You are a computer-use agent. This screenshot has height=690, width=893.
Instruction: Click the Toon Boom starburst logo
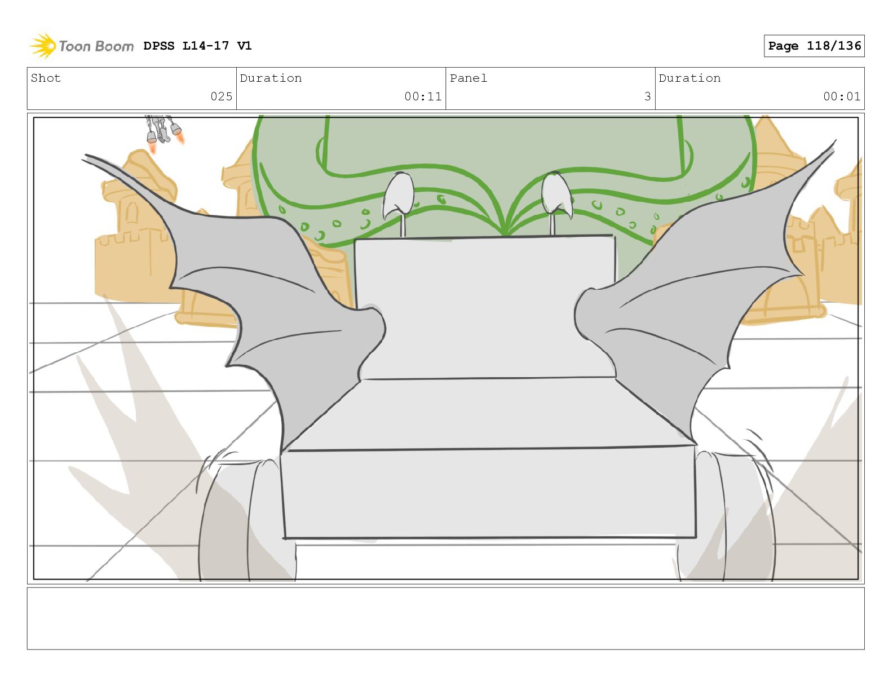[x=43, y=46]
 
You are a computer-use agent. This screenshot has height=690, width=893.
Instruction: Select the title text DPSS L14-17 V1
[x=197, y=46]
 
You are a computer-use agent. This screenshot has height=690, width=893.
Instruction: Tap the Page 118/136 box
[x=814, y=46]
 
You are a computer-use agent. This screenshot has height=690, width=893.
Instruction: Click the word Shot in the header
[x=46, y=78]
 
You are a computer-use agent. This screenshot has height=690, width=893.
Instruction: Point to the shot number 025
[x=221, y=96]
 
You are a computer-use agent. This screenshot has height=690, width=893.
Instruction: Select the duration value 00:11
[x=423, y=96]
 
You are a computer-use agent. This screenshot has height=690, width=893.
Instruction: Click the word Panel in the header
[x=468, y=78]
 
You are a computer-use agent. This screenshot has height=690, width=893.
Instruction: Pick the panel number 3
[x=647, y=96]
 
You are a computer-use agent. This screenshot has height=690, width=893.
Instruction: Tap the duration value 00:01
[x=842, y=96]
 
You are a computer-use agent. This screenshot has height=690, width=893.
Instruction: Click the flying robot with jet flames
[x=163, y=131]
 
